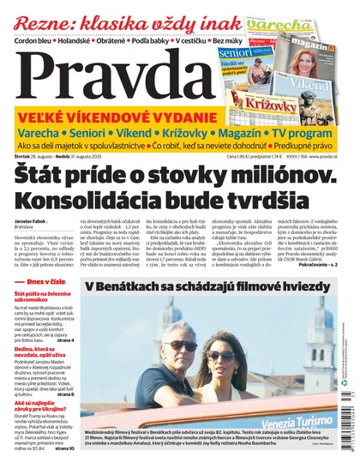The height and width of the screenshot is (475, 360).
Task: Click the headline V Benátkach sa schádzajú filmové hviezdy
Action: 207,285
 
